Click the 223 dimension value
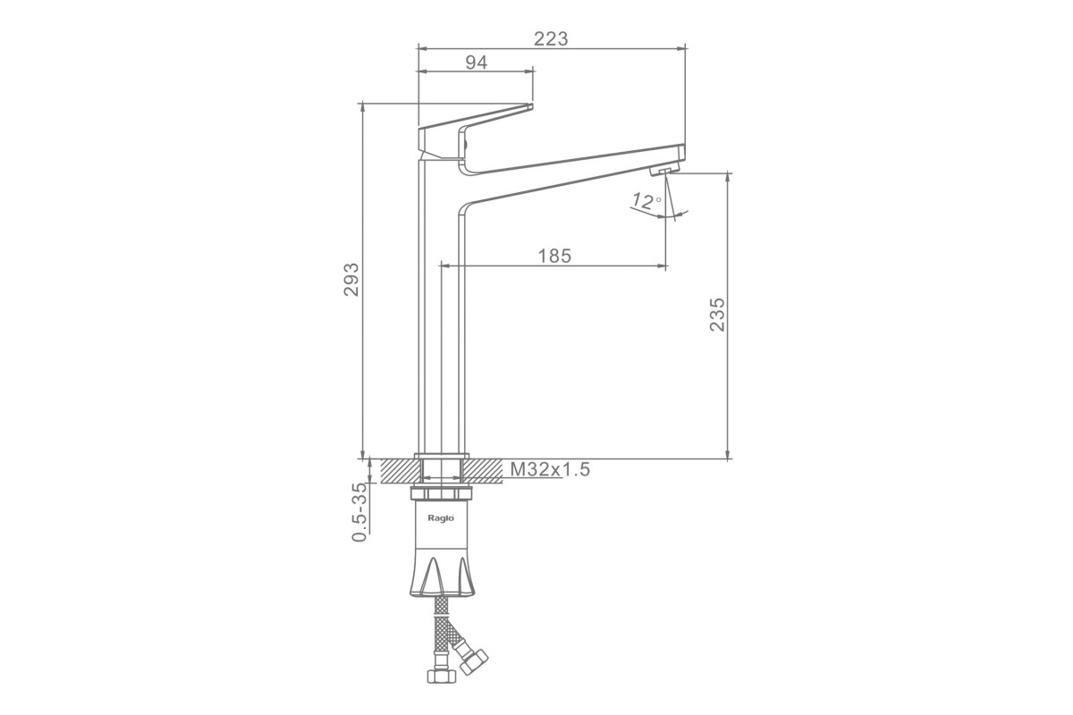[551, 38]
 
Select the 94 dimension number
[477, 63]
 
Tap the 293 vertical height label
[351, 279]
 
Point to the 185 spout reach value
[554, 257]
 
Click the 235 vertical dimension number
[717, 315]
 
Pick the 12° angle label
[646, 201]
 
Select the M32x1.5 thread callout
[550, 469]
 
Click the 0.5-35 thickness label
[359, 512]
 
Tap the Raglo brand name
[441, 518]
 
